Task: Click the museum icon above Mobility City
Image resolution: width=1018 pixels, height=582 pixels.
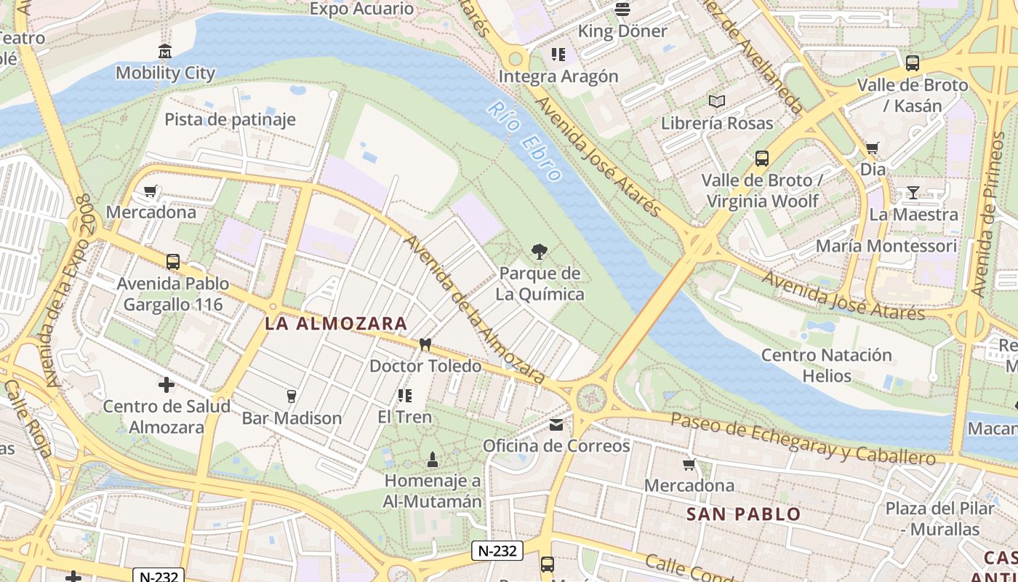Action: (x=165, y=52)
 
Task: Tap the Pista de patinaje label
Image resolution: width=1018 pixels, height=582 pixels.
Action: (x=230, y=119)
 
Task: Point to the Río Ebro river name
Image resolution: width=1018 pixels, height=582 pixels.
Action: (x=525, y=140)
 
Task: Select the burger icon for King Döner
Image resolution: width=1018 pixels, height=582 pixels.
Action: (x=622, y=9)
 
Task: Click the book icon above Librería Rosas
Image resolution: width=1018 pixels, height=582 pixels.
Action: (x=717, y=102)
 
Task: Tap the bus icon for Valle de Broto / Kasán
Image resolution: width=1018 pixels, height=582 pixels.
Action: (x=913, y=63)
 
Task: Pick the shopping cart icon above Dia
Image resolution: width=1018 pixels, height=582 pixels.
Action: (x=873, y=148)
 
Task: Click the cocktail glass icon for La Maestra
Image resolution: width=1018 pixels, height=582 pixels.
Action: (x=913, y=193)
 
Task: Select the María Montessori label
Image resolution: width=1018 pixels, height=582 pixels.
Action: (x=886, y=246)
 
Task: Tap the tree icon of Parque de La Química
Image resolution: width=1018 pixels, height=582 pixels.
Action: (x=540, y=252)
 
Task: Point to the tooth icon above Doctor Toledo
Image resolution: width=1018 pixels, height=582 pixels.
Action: (x=425, y=345)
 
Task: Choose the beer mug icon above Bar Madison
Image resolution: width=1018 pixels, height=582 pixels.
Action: (x=292, y=396)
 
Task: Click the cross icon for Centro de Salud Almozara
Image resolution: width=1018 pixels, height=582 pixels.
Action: (x=167, y=385)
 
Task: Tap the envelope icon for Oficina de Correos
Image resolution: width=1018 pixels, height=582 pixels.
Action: (x=556, y=425)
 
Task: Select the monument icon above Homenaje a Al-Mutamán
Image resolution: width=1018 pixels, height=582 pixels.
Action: (x=433, y=459)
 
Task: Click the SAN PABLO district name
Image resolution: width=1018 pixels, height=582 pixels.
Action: (x=743, y=514)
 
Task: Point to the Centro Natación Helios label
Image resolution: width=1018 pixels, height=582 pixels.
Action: (x=827, y=365)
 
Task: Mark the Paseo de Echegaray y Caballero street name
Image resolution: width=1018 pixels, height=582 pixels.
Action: (x=803, y=439)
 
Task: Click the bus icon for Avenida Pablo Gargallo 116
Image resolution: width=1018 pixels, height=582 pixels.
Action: (x=173, y=262)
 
